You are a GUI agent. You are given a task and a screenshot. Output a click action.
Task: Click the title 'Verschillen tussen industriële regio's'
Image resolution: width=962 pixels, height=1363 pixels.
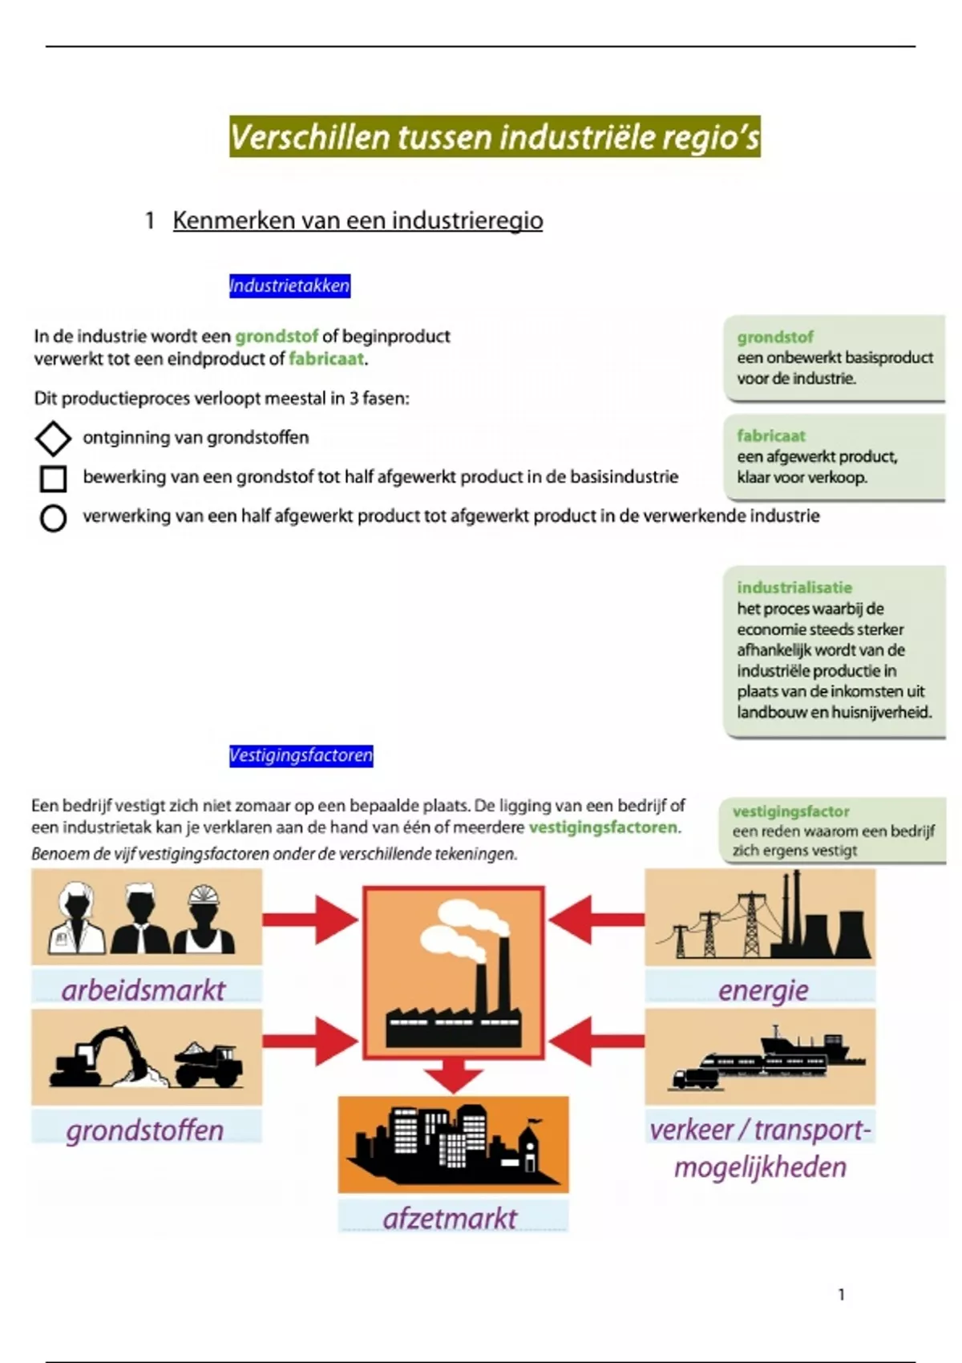[x=495, y=137]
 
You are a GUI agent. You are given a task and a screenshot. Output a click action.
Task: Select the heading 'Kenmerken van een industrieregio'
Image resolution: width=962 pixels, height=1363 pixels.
[x=358, y=220]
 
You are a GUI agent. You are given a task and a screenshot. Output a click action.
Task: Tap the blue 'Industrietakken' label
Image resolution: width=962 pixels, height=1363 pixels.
[x=289, y=285]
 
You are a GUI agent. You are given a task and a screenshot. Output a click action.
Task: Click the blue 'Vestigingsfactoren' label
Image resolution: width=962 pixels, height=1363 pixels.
[x=301, y=755]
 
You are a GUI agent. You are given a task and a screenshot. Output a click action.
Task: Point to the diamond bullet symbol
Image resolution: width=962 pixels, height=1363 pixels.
[x=53, y=438]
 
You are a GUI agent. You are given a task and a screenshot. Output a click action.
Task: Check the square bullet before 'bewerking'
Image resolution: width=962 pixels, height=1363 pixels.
[x=53, y=478]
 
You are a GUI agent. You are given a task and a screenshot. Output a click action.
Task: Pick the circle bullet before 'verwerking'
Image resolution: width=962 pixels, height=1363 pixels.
[x=53, y=518]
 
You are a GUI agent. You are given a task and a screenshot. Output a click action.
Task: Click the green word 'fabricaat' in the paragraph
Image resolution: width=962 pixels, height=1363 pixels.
[x=326, y=359]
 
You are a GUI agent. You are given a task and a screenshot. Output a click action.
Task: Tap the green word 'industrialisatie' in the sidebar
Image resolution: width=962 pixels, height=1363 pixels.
[x=794, y=588]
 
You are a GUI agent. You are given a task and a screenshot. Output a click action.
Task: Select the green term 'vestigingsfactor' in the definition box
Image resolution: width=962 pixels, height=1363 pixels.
[x=790, y=811]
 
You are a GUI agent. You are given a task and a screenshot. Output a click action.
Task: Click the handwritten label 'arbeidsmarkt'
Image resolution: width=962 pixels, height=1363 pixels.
[x=143, y=990]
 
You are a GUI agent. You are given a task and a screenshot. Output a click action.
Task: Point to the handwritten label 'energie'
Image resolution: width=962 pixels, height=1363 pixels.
[x=763, y=990]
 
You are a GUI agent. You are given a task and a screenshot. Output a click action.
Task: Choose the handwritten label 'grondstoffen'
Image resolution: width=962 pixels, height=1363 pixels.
[x=145, y=1130]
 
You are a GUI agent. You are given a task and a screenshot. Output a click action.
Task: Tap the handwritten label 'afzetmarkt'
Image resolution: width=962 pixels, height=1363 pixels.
[x=450, y=1219]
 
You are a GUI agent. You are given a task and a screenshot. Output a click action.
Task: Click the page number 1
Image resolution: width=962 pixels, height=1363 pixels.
[x=841, y=1294]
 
